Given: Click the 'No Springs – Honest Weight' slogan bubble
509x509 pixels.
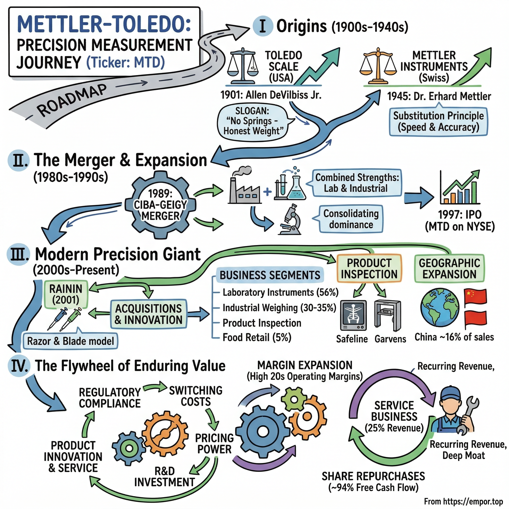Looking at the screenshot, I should tap(253, 121).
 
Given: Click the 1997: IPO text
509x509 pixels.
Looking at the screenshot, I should tap(460, 215).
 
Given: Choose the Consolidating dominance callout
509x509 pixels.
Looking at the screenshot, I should tap(351, 219).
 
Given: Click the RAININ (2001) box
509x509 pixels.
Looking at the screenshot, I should tap(66, 294).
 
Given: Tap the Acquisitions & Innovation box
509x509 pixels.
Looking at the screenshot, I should tap(148, 314).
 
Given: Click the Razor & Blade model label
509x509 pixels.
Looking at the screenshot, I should tap(70, 341).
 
